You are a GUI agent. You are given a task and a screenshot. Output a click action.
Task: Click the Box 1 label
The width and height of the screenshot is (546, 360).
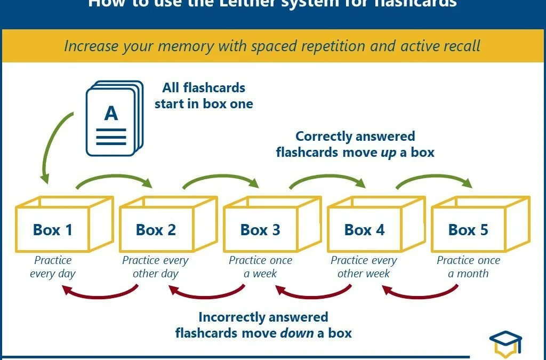(52, 230)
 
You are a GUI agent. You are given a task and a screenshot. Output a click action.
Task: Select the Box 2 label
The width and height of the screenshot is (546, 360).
(156, 230)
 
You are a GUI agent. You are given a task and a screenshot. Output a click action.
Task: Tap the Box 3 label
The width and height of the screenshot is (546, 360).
(260, 230)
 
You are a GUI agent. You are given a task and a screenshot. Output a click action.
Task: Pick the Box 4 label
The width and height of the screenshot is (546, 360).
(364, 230)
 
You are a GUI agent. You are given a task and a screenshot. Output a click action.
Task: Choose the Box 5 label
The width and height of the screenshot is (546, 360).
(468, 230)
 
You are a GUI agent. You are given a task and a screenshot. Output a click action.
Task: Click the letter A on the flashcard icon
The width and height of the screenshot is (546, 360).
(111, 113)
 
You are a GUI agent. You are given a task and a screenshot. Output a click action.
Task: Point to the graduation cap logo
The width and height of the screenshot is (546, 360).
(505, 345)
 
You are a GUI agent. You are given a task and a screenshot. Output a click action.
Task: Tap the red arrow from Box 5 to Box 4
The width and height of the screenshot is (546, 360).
(420, 293)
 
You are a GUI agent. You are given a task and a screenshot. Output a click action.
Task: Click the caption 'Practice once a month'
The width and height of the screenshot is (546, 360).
(468, 267)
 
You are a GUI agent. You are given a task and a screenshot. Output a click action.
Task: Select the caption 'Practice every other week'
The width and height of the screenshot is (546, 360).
(364, 267)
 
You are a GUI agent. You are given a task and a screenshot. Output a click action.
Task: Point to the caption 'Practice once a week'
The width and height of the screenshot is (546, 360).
(260, 267)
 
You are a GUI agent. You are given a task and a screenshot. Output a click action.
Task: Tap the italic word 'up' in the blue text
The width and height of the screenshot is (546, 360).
(389, 153)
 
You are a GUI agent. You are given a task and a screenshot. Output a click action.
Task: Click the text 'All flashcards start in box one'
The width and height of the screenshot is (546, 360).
(204, 95)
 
